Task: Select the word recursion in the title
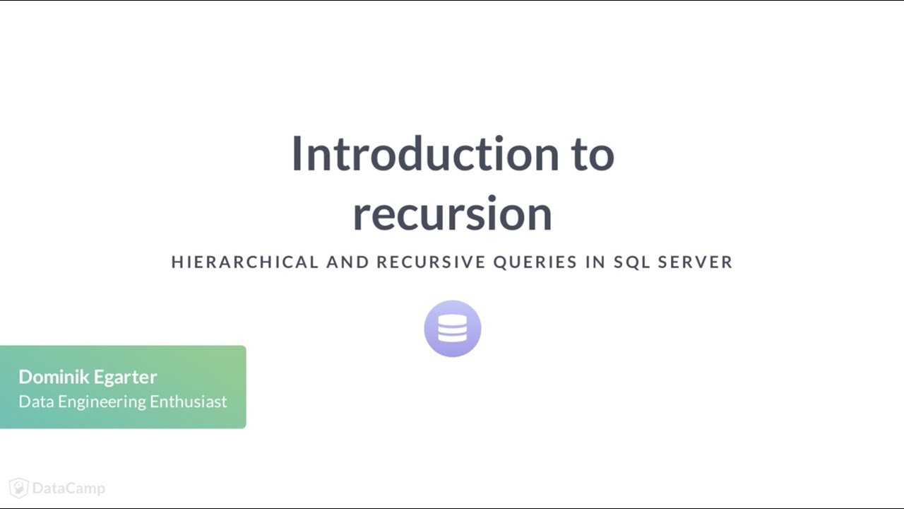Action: pyautogui.click(x=452, y=214)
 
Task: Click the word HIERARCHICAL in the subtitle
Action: pyautogui.click(x=245, y=262)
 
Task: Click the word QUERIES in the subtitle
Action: pyautogui.click(x=535, y=262)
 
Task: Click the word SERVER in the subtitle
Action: pyautogui.click(x=696, y=262)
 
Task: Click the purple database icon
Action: pyautogui.click(x=453, y=329)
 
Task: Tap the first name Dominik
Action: pyautogui.click(x=52, y=377)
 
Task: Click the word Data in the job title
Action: pyautogui.click(x=36, y=402)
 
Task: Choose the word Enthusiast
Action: pyautogui.click(x=189, y=402)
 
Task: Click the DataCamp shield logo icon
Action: pyautogui.click(x=18, y=488)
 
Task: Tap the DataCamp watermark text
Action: pyautogui.click(x=69, y=488)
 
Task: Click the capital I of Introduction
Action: pyautogui.click(x=298, y=153)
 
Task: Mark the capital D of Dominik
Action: pyautogui.click(x=25, y=377)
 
